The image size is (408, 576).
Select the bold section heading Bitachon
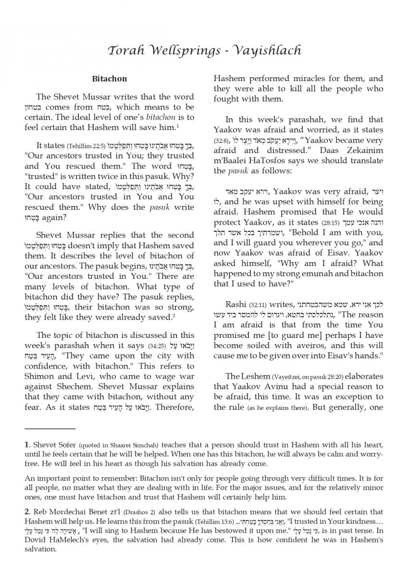110,78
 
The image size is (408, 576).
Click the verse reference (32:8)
222,141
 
